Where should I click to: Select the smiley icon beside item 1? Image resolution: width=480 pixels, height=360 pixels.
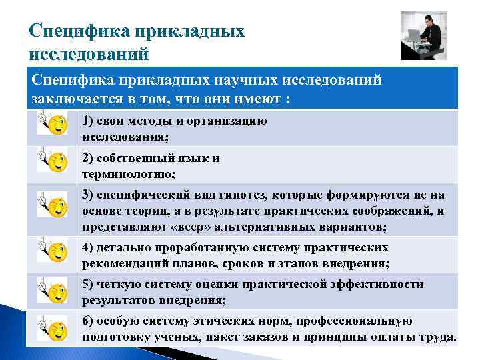pos(53,124)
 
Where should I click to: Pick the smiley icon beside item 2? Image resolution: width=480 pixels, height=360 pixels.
pos(53,161)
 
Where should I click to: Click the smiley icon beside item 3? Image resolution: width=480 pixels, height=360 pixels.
pos(53,206)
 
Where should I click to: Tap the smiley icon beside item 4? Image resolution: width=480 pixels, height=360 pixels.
pos(53,252)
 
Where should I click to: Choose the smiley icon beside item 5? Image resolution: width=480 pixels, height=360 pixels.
pos(53,290)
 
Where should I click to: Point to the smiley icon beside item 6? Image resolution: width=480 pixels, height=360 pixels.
pos(53,327)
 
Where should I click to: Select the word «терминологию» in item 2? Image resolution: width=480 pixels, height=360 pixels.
pos(129,174)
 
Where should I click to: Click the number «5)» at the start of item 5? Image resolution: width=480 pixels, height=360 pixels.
pos(88,284)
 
